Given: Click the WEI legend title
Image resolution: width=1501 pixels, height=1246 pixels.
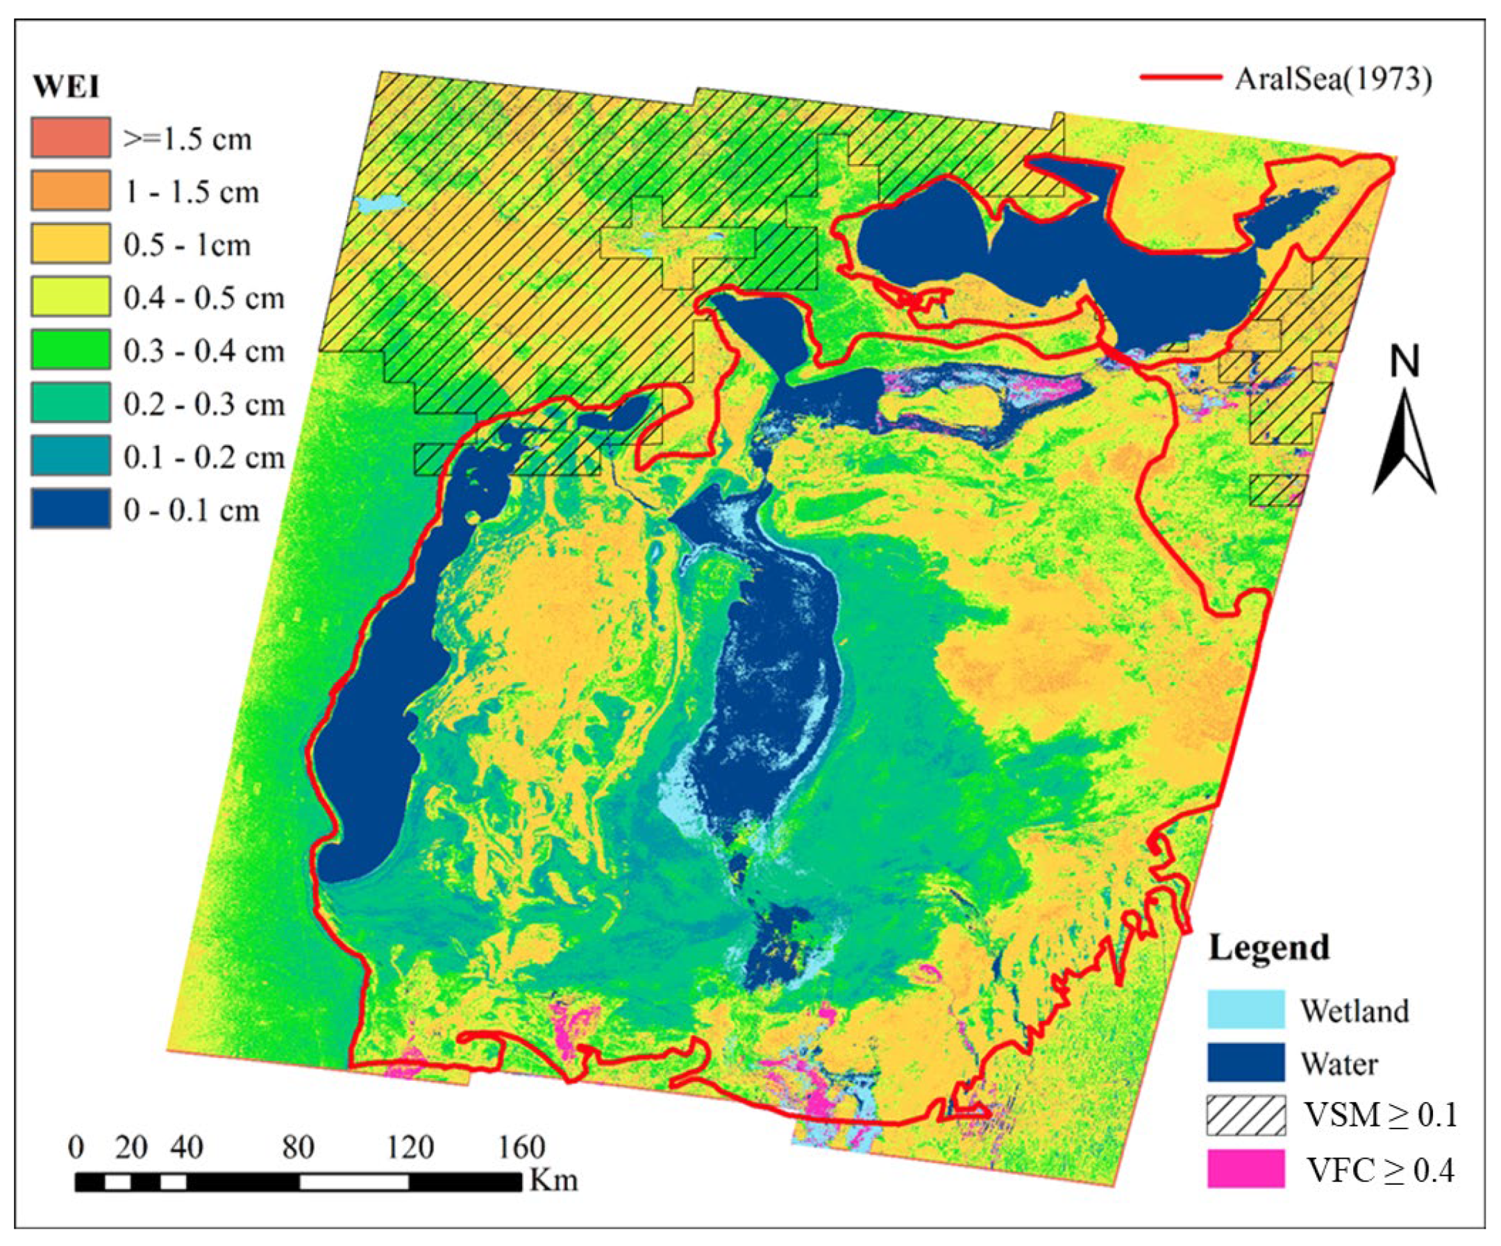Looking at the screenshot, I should point(66,88).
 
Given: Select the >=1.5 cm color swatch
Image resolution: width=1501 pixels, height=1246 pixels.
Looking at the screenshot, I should point(70,138).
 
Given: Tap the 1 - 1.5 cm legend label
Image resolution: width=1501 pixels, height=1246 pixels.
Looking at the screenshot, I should point(191,192).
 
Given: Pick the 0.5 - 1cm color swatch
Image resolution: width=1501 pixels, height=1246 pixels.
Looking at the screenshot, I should point(70,244).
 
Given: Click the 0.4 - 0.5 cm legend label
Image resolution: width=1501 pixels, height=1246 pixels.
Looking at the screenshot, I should point(203,297).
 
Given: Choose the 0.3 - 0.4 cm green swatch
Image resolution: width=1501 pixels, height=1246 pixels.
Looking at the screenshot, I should point(70,349).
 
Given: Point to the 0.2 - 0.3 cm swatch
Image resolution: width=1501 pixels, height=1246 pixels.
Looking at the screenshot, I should point(70,402).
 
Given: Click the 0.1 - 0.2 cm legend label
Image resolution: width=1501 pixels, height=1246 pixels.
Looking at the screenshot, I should point(203,457).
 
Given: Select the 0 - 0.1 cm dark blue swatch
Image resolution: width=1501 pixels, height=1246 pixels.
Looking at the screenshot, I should point(70,509).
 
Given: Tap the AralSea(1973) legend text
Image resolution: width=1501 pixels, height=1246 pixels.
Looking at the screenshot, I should point(1333,78).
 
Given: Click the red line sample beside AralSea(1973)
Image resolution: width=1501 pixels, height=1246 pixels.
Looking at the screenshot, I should point(1180,77).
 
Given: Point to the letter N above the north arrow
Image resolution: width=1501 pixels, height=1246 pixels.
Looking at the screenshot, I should point(1404,363).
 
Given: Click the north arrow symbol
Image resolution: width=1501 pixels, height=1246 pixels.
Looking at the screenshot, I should point(1404,443).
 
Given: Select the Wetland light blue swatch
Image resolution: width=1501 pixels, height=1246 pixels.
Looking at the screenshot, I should point(1246,1009).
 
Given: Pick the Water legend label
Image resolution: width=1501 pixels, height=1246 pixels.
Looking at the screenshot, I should point(1339,1064).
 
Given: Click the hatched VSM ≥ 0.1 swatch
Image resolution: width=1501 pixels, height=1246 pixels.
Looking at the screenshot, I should point(1246,1116).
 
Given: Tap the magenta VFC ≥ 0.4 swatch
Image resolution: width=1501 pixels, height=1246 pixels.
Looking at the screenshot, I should point(1246,1169).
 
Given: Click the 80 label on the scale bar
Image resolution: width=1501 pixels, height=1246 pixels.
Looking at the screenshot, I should point(298,1148).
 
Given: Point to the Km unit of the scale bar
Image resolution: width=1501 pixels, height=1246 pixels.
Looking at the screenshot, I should point(553,1180).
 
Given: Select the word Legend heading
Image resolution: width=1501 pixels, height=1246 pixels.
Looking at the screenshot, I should point(1268,948).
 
